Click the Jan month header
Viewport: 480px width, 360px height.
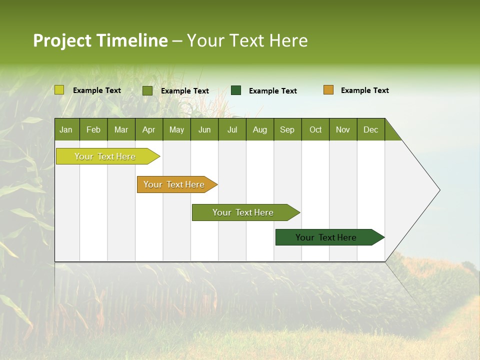pyautogui.click(x=66, y=129)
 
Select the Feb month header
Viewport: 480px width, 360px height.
pyautogui.click(x=93, y=129)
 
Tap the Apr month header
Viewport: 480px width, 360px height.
pyautogui.click(x=148, y=129)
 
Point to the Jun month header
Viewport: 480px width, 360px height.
pyautogui.click(x=204, y=129)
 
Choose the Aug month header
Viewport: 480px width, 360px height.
pyautogui.click(x=259, y=129)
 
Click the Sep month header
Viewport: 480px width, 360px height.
pyautogui.click(x=287, y=129)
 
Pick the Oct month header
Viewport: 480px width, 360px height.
pyautogui.click(x=315, y=129)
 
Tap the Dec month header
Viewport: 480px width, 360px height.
pyautogui.click(x=370, y=129)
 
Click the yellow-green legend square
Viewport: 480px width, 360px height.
pyautogui.click(x=59, y=90)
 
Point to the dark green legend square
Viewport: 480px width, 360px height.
pyautogui.click(x=236, y=90)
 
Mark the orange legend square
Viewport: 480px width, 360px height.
pyautogui.click(x=328, y=90)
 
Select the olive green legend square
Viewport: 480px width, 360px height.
pyautogui.click(x=147, y=90)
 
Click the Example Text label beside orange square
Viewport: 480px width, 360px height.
pyautogui.click(x=364, y=90)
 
